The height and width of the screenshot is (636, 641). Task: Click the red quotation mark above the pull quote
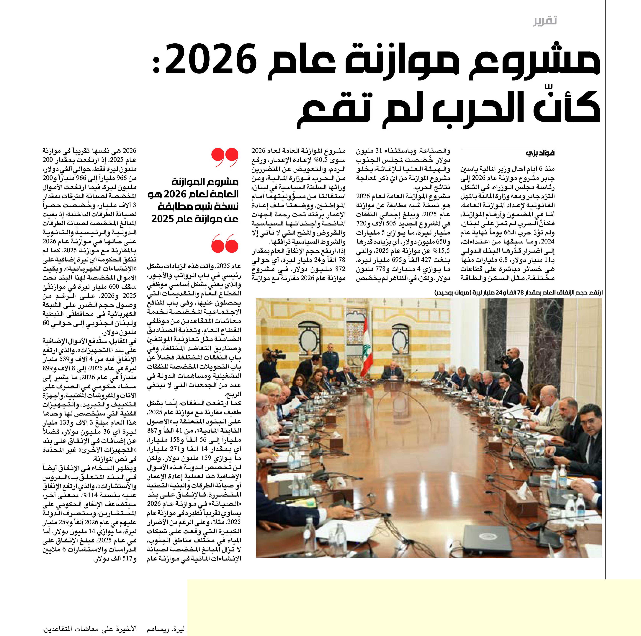225,158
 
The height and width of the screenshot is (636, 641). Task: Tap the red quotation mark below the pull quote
225,243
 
